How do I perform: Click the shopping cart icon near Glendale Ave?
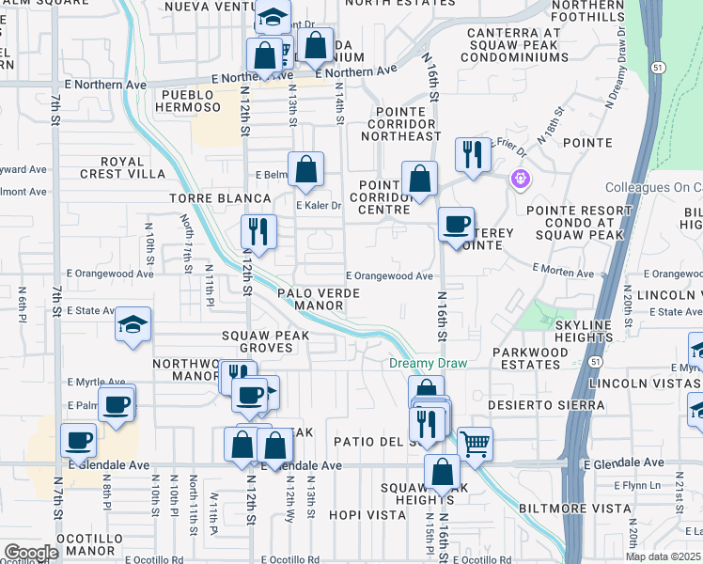click(476, 443)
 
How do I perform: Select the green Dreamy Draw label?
click(428, 363)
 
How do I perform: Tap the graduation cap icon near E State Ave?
click(133, 325)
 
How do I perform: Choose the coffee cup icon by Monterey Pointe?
click(457, 225)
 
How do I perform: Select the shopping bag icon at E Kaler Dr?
click(306, 170)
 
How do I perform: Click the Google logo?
click(30, 553)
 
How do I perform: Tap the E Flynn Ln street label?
click(638, 486)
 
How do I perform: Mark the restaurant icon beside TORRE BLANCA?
click(256, 230)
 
